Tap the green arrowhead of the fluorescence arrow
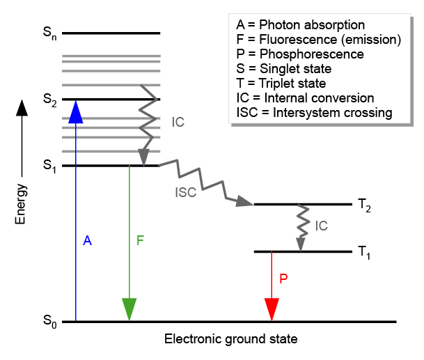(x=129, y=308)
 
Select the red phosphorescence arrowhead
(x=272, y=308)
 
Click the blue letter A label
(x=87, y=241)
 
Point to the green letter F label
(x=140, y=241)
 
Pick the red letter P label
(x=283, y=278)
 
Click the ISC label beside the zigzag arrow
(x=186, y=193)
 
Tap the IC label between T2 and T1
(x=321, y=226)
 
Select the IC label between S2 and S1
(x=178, y=122)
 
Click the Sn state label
(x=48, y=34)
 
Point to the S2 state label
(x=48, y=100)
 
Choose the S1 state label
(x=48, y=166)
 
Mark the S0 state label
(x=48, y=322)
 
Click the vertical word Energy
(x=22, y=204)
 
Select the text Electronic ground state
(x=231, y=340)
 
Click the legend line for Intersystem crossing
(x=315, y=113)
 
